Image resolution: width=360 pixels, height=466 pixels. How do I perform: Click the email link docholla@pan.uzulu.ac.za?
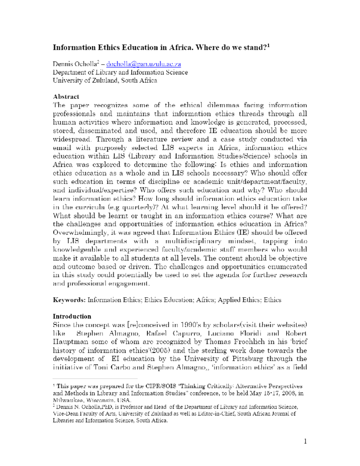point(143,64)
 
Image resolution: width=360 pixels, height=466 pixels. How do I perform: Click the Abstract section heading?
point(66,97)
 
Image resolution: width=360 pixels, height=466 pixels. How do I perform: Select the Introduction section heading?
point(72,316)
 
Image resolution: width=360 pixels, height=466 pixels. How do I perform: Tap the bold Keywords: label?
point(69,300)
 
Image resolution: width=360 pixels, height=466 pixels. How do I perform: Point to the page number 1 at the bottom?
point(305,441)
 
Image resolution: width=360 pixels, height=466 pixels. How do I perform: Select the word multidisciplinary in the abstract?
point(193,241)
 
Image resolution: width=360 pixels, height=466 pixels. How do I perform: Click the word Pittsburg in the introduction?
point(247,359)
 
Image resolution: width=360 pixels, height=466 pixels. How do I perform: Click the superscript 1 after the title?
point(268,46)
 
